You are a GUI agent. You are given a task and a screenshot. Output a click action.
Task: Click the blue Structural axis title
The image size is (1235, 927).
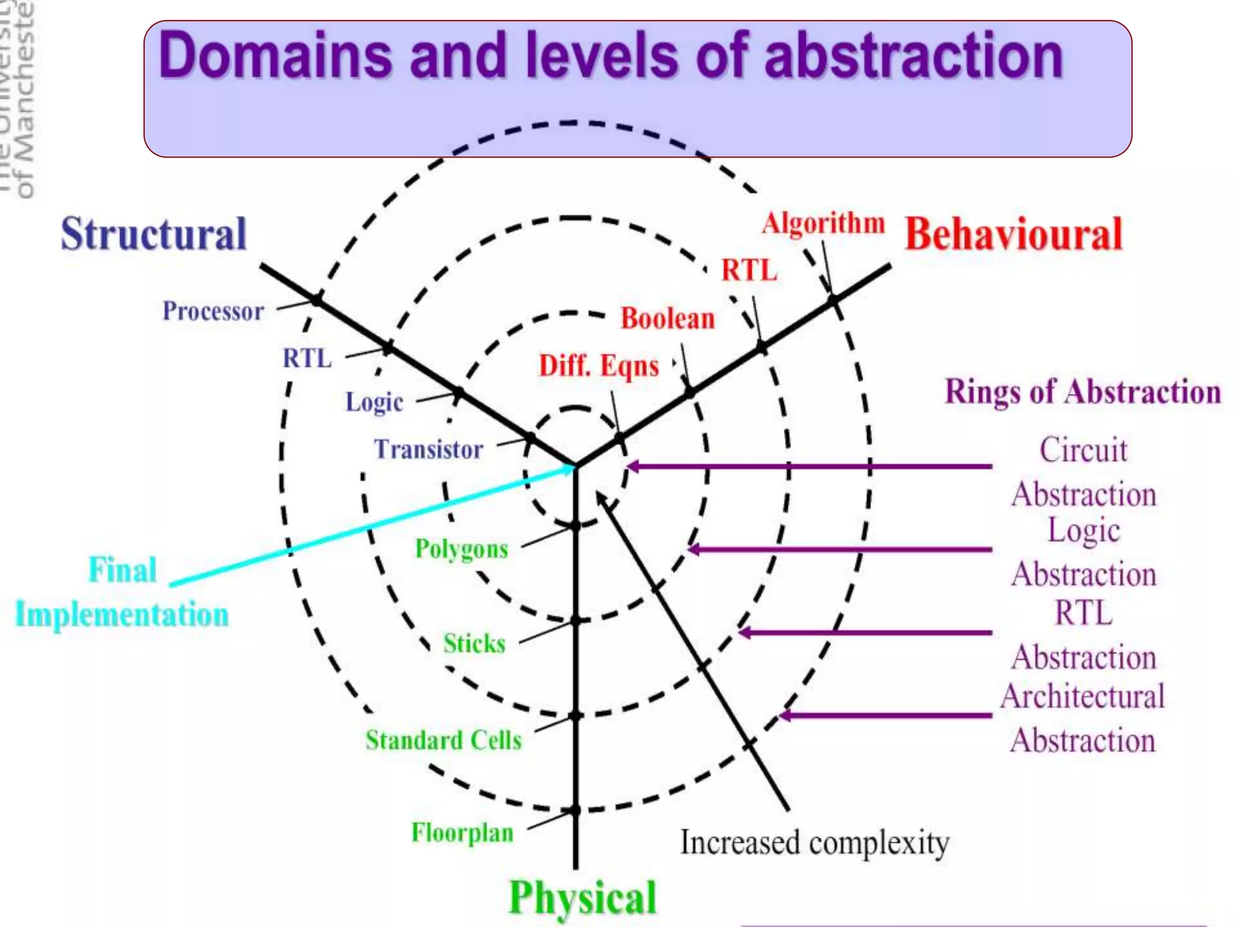154,234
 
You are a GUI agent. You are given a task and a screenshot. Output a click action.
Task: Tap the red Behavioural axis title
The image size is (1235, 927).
1014,234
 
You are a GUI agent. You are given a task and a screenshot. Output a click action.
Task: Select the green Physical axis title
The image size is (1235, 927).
582,897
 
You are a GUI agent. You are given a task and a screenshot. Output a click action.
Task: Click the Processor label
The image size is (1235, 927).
213,311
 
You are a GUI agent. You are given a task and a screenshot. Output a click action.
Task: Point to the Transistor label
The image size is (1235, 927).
429,450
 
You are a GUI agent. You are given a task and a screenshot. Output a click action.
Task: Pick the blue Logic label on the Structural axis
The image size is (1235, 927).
374,402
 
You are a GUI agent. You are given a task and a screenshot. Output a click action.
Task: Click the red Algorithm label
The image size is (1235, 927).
823,223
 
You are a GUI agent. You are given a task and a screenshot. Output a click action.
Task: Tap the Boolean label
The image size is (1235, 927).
668,319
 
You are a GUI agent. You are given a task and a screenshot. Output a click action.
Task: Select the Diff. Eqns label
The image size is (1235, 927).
599,366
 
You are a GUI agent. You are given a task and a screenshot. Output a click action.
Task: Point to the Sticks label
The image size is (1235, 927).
474,643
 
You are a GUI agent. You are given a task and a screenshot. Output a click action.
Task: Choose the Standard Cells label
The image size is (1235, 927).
443,740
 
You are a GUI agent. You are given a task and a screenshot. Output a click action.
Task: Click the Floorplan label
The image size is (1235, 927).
462,833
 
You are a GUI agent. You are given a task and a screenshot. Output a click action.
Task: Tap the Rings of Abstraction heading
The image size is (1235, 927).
1082,392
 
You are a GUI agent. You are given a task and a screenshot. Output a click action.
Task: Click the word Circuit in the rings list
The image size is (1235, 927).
1083,450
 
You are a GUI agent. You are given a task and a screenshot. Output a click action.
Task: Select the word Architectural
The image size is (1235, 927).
1082,696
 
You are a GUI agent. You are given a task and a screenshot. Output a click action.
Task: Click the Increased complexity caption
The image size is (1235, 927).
815,843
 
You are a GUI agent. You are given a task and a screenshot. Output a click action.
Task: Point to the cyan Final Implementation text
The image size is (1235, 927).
122,592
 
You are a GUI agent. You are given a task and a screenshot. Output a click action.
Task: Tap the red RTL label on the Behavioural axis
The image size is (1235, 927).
750,270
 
